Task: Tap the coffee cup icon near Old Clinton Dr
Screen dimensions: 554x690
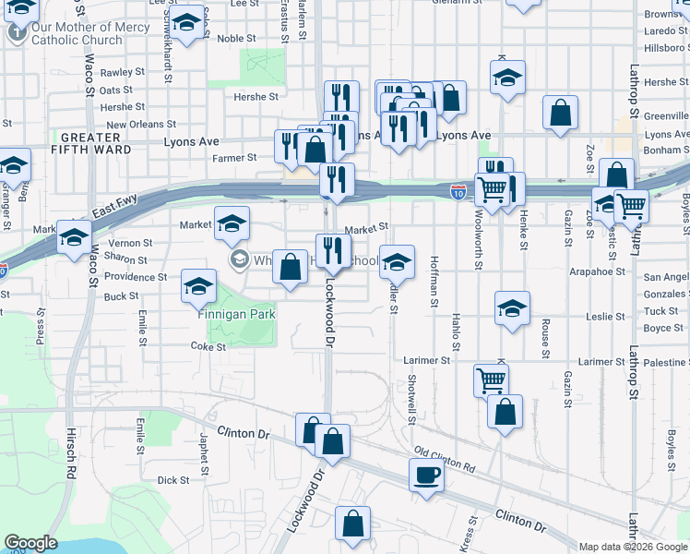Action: (425, 475)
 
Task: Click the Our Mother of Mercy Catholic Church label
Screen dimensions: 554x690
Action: (90, 33)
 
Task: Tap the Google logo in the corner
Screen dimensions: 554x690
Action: (30, 543)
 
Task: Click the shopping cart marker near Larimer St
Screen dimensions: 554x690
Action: (491, 379)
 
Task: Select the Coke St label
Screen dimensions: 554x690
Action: (208, 347)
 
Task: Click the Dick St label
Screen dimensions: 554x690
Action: (172, 480)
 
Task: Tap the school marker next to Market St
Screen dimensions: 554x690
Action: (232, 223)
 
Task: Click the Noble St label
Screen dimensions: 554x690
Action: (236, 39)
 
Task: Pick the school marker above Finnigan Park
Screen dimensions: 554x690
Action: (198, 286)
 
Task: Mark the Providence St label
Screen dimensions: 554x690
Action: (136, 277)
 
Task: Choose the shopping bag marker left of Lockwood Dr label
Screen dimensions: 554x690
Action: (290, 268)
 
